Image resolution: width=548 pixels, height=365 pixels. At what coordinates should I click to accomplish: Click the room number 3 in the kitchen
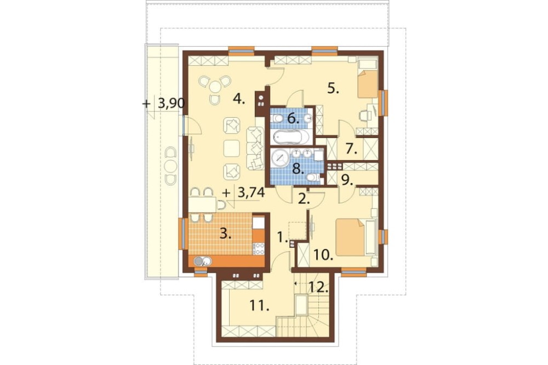225,234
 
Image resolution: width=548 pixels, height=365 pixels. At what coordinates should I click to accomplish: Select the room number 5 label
333,89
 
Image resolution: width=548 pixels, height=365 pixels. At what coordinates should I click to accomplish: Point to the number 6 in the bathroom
293,119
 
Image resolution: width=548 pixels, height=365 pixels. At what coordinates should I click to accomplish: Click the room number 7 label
352,150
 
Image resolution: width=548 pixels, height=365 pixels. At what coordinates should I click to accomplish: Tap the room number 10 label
323,256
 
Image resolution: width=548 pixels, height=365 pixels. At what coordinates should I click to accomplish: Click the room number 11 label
259,306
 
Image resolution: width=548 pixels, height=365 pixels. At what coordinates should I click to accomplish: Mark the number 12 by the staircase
319,287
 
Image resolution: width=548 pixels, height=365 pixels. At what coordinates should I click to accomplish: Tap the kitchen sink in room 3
202,261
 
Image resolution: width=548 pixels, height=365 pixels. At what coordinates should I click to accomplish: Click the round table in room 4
215,85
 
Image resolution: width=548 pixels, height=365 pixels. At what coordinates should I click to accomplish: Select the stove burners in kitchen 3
259,248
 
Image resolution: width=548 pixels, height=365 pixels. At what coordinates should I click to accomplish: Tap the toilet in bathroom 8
313,178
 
